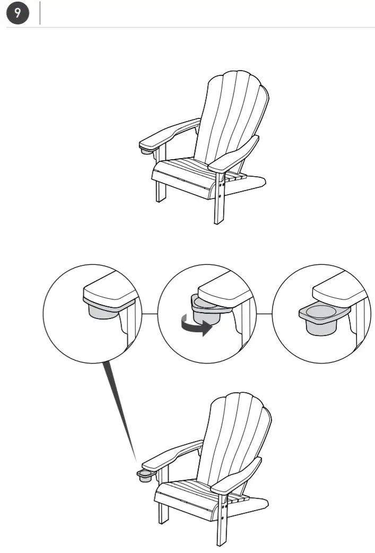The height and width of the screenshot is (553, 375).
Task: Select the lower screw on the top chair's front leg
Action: click(x=220, y=195)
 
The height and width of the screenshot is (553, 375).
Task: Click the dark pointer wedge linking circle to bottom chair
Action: click(x=122, y=409)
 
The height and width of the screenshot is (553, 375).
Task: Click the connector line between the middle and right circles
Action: click(x=264, y=314)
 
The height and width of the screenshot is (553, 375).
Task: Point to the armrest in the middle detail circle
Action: click(x=223, y=295)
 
